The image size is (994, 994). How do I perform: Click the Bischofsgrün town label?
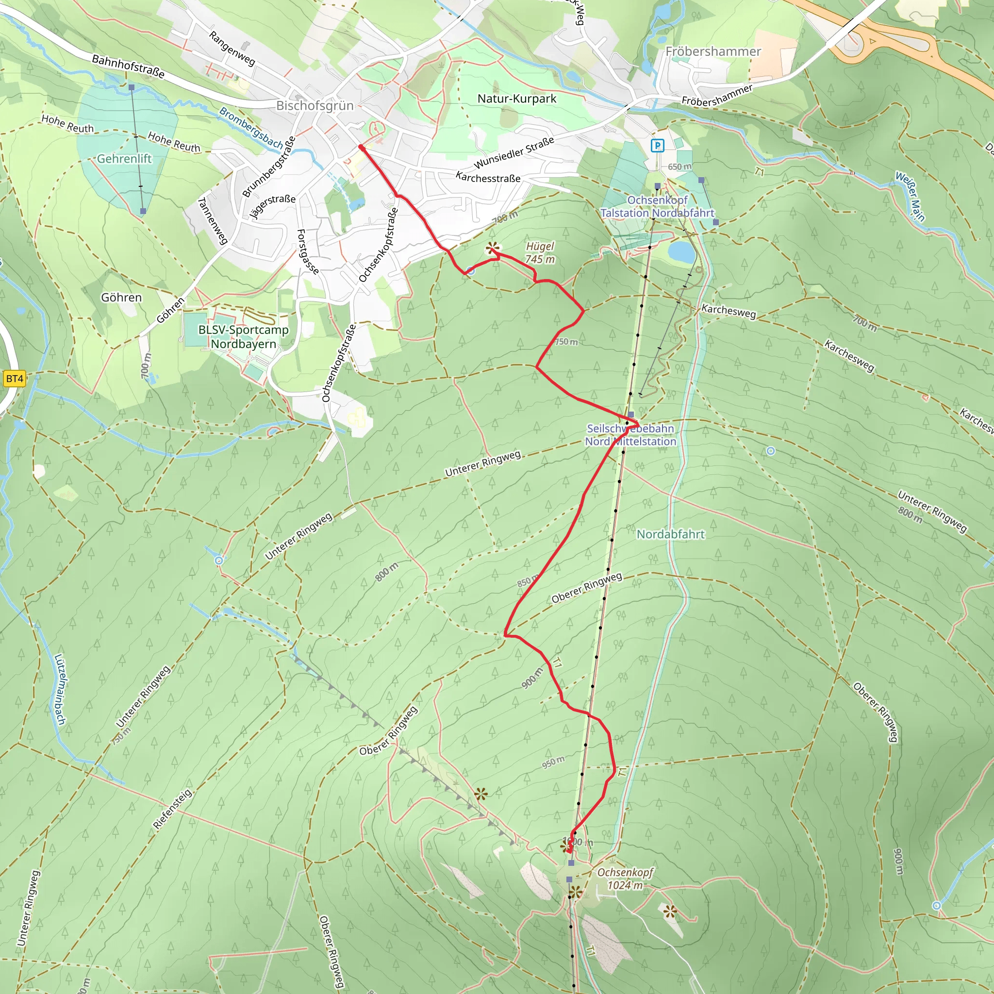tap(315, 105)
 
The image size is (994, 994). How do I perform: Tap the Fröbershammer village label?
tap(712, 51)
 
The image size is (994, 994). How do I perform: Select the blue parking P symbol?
tap(657, 146)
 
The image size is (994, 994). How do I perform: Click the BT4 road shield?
tap(15, 379)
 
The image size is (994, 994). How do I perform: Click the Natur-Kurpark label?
tap(516, 99)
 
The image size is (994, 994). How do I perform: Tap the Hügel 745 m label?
tap(540, 252)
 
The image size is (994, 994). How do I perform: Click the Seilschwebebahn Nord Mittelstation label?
tap(630, 435)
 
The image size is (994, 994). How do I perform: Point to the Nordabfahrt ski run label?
tap(670, 534)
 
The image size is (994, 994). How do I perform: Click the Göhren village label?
tap(121, 298)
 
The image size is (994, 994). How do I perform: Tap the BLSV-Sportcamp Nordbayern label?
tap(243, 336)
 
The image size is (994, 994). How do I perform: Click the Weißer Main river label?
tap(910, 196)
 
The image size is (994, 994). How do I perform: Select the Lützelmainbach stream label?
tap(60, 689)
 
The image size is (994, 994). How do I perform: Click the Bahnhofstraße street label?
tap(128, 67)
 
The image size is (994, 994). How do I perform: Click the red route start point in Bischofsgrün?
tap(362, 148)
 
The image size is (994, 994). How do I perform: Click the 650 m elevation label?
tap(679, 166)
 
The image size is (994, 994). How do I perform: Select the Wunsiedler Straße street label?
tap(514, 153)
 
